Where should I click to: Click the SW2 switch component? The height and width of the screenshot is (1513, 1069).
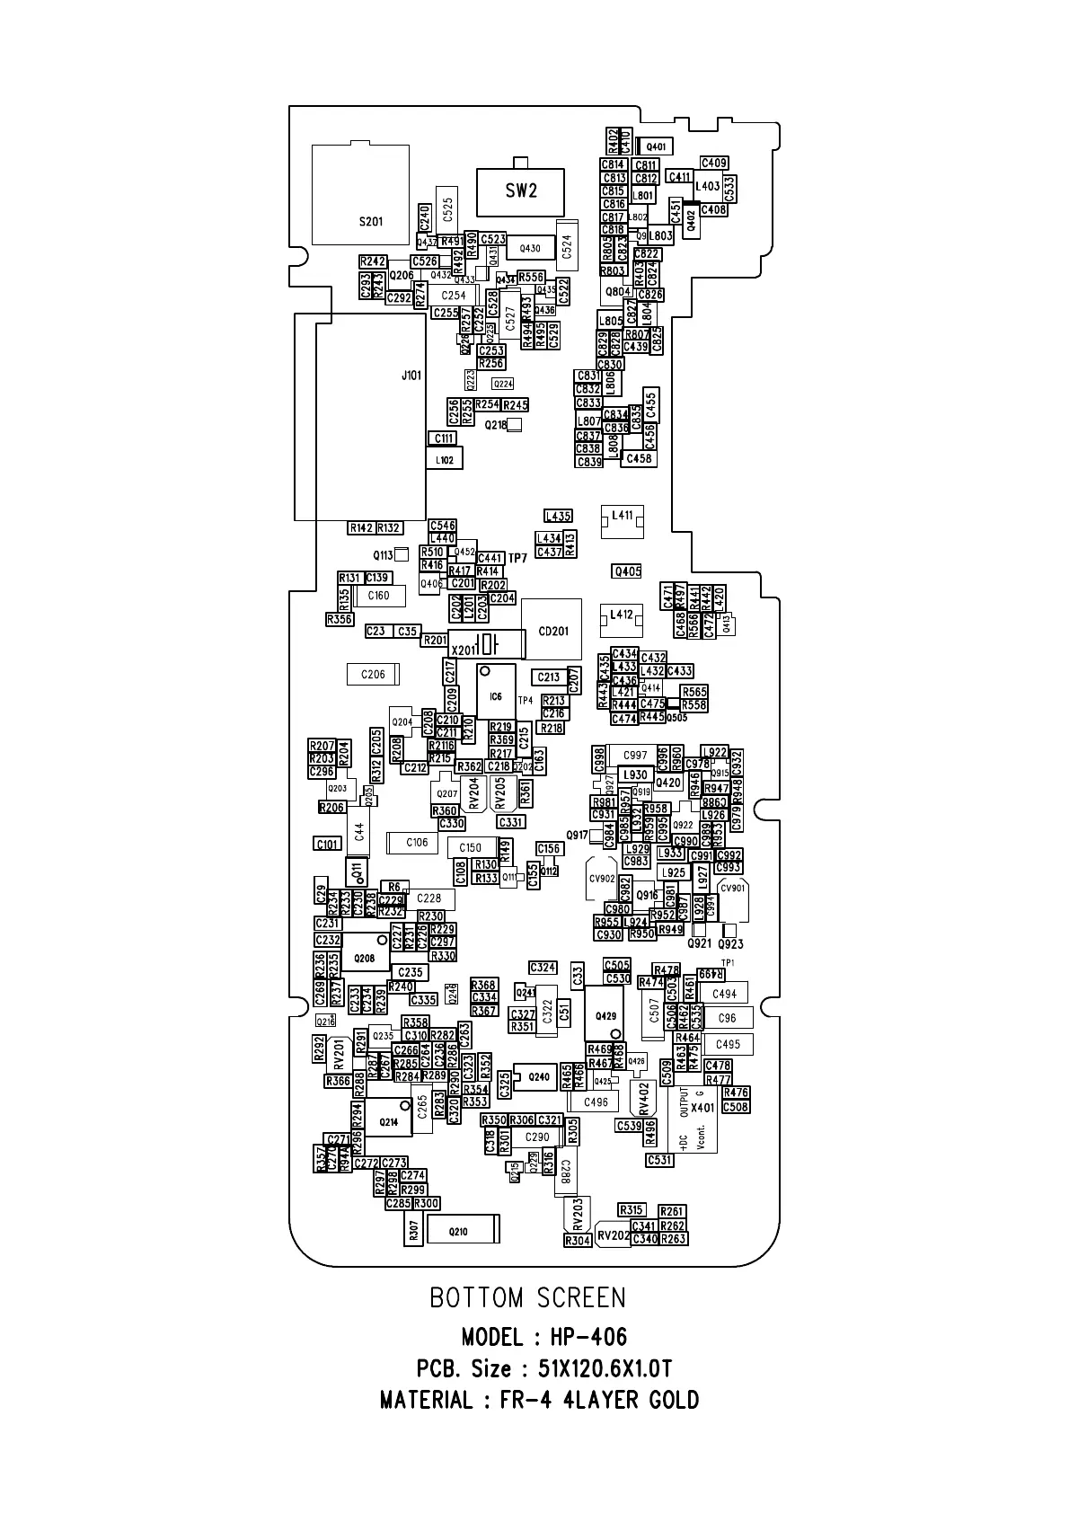[520, 191]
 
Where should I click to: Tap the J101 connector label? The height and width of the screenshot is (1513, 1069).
[411, 376]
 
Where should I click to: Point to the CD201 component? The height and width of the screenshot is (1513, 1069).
[552, 631]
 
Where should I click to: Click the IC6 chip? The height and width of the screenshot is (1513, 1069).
[496, 695]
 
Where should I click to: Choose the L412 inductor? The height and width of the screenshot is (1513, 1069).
[622, 616]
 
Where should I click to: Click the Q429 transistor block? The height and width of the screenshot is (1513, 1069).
[605, 1015]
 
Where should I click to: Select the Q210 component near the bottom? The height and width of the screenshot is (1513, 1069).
[459, 1231]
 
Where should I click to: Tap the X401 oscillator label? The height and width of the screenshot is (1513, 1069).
[702, 1108]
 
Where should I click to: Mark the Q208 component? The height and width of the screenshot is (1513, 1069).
[364, 959]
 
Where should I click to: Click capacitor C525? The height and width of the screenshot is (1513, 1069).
[447, 210]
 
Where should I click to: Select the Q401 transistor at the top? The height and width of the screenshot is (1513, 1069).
[656, 146]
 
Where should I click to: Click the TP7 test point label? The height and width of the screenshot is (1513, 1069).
[517, 559]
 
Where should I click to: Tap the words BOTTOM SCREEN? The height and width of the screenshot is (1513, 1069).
[527, 1297]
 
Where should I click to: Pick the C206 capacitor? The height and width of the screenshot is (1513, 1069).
[373, 675]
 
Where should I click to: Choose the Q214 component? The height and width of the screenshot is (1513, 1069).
[388, 1121]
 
